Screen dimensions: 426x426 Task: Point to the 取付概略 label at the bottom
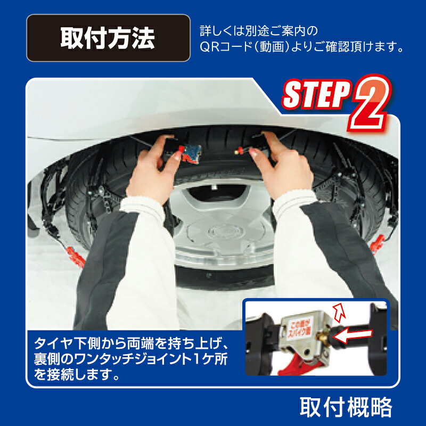point(346,407)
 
